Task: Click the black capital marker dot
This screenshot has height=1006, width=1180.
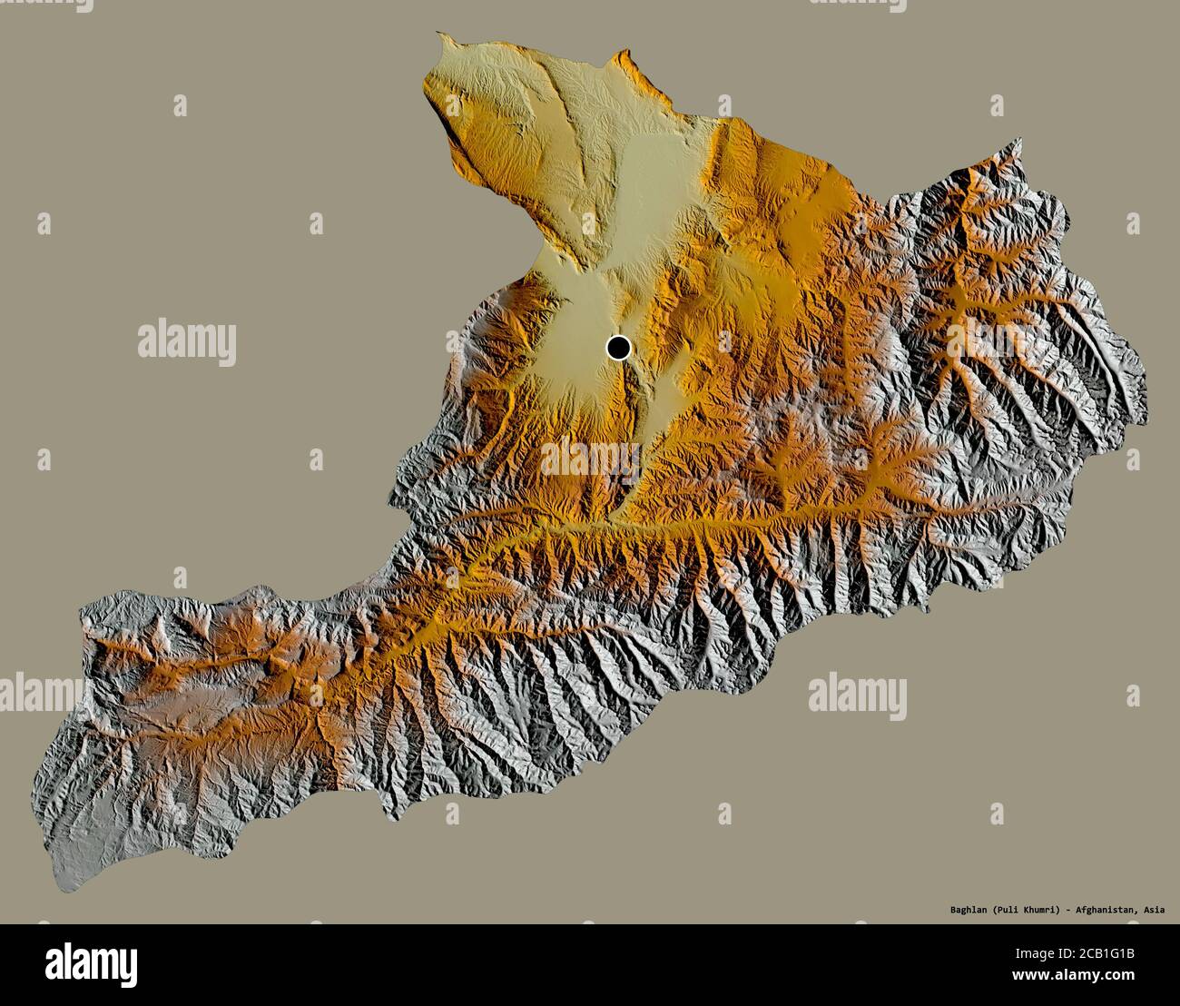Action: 619,347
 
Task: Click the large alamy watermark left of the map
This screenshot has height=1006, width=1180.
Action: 187,342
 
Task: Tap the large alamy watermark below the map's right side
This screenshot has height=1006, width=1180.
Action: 857,695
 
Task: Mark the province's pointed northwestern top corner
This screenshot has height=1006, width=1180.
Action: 438,35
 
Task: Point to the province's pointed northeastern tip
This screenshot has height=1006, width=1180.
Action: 1020,140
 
